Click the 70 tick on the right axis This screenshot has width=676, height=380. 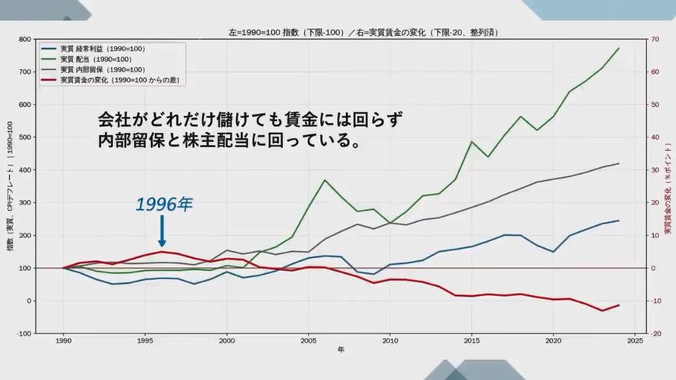[x=654, y=39]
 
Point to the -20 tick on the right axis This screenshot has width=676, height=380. [x=655, y=333]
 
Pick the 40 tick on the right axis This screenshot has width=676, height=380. [x=654, y=137]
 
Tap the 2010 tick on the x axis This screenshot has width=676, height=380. [x=390, y=341]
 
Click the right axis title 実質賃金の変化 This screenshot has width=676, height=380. [x=667, y=186]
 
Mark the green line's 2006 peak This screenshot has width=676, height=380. [x=325, y=180]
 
